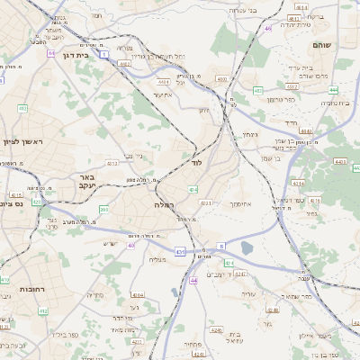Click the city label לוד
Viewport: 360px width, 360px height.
[198, 165]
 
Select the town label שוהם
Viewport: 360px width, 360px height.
[322, 44]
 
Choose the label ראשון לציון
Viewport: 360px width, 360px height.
[22, 141]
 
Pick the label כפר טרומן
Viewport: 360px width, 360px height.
[279, 98]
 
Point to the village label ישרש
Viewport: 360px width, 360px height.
[110, 244]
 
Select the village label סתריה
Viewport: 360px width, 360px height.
[94, 295]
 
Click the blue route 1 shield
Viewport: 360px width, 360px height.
[104, 54]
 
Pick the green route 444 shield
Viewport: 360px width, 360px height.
[333, 90]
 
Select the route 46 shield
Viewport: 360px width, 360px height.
[268, 28]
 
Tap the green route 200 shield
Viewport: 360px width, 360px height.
[103, 209]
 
